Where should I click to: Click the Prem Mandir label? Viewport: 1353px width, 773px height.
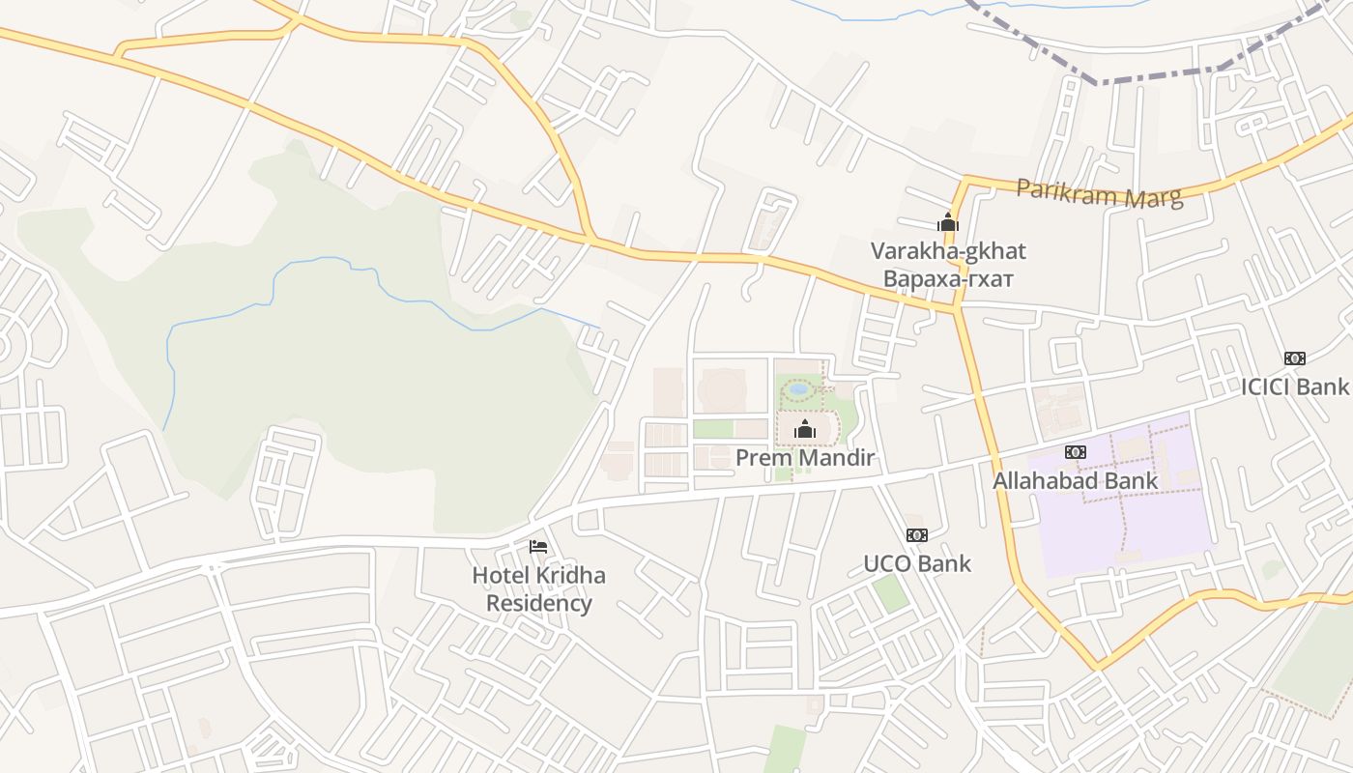click(x=804, y=457)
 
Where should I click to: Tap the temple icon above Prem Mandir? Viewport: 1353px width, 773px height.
click(x=804, y=430)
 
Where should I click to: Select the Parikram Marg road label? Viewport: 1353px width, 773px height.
click(x=1099, y=193)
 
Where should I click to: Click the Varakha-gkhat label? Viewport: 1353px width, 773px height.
click(x=948, y=251)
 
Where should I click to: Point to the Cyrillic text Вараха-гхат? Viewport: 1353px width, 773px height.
click(x=948, y=279)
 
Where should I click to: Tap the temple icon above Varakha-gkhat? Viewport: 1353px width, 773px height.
click(x=948, y=223)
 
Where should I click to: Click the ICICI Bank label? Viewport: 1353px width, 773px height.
click(x=1294, y=386)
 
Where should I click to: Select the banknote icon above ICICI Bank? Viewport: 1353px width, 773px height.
click(x=1295, y=358)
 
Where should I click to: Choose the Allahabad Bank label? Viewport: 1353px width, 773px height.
click(x=1075, y=480)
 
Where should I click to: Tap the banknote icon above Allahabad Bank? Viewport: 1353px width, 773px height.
click(x=1076, y=452)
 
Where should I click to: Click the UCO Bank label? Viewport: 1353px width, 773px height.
click(x=916, y=563)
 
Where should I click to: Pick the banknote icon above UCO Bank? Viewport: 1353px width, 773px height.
click(x=916, y=535)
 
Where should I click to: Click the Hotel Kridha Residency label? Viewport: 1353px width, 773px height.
click(x=538, y=589)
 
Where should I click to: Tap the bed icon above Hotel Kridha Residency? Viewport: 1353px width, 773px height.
click(x=538, y=547)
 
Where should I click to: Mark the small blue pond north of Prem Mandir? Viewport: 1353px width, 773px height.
click(x=798, y=389)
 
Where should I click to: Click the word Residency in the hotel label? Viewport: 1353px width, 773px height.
click(x=538, y=604)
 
